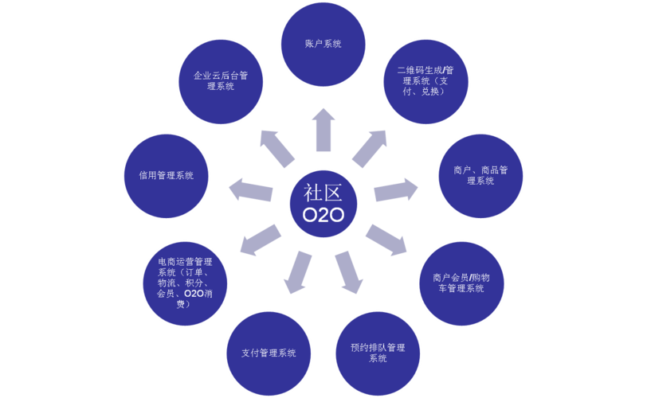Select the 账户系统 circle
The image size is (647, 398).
tap(323, 45)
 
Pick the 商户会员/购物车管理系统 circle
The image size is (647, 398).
tap(458, 283)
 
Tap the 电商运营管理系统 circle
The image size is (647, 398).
tap(185, 283)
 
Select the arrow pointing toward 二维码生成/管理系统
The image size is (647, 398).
tap(369, 147)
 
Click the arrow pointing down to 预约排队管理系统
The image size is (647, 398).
tap(349, 271)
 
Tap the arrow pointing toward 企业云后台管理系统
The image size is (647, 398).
tap(278, 148)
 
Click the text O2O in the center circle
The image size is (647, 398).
tap(323, 217)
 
